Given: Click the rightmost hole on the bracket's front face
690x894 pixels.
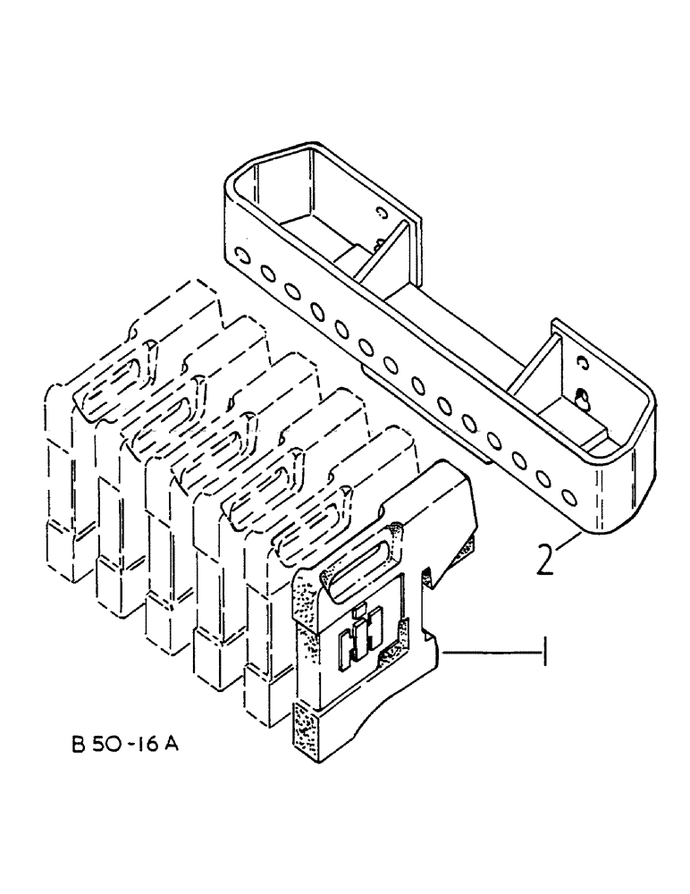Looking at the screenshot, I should click(567, 495).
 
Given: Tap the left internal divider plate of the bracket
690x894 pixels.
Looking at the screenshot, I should click(374, 259).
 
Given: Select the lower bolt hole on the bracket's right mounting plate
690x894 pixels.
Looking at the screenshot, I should click(583, 401).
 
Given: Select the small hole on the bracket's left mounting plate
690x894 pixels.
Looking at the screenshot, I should click(383, 214).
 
